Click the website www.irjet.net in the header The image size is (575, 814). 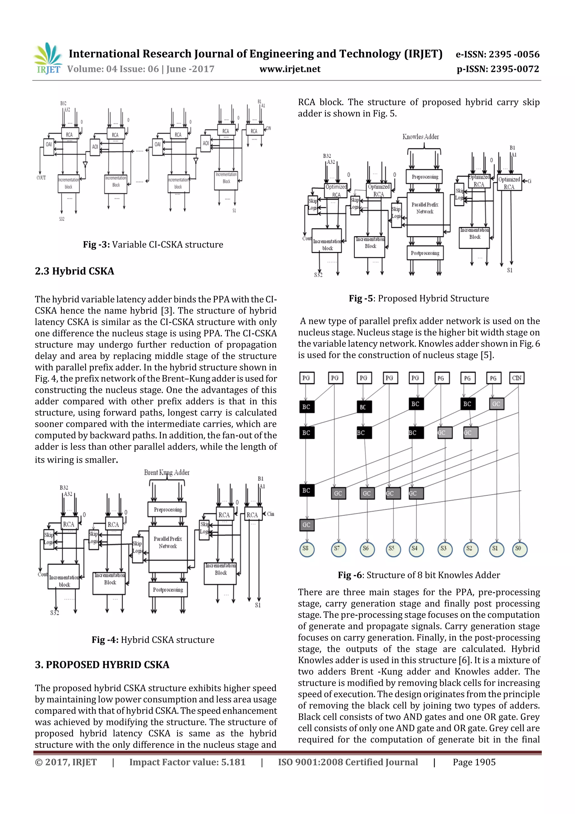click(290, 69)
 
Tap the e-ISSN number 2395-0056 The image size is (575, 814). click(514, 54)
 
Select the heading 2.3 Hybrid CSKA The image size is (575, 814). click(74, 271)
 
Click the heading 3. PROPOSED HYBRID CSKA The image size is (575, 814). click(102, 665)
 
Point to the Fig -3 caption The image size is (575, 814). click(153, 245)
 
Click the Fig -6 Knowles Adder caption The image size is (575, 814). click(419, 575)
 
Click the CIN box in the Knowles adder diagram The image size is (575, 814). click(517, 378)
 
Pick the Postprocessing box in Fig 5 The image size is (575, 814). click(425, 253)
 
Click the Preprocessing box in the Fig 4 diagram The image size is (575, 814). click(168, 509)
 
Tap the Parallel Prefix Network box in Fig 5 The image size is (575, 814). click(425, 208)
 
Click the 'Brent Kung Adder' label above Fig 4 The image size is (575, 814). click(166, 473)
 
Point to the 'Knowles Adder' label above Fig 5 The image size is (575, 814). click(421, 137)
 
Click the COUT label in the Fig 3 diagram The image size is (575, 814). click(41, 178)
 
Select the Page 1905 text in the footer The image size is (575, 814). click(474, 762)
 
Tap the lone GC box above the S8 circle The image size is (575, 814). click(307, 525)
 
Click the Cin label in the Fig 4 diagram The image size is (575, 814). click(270, 514)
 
